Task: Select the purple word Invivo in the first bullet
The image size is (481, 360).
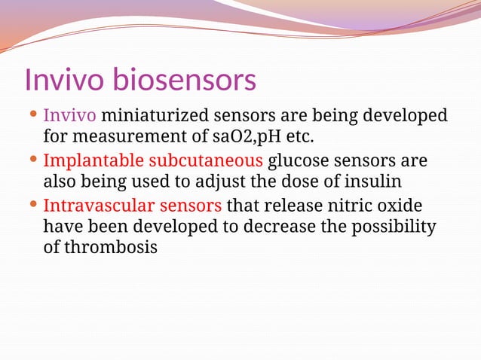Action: point(69,117)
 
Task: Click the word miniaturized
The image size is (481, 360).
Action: point(156,117)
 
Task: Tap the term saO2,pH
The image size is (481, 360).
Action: point(242,138)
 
